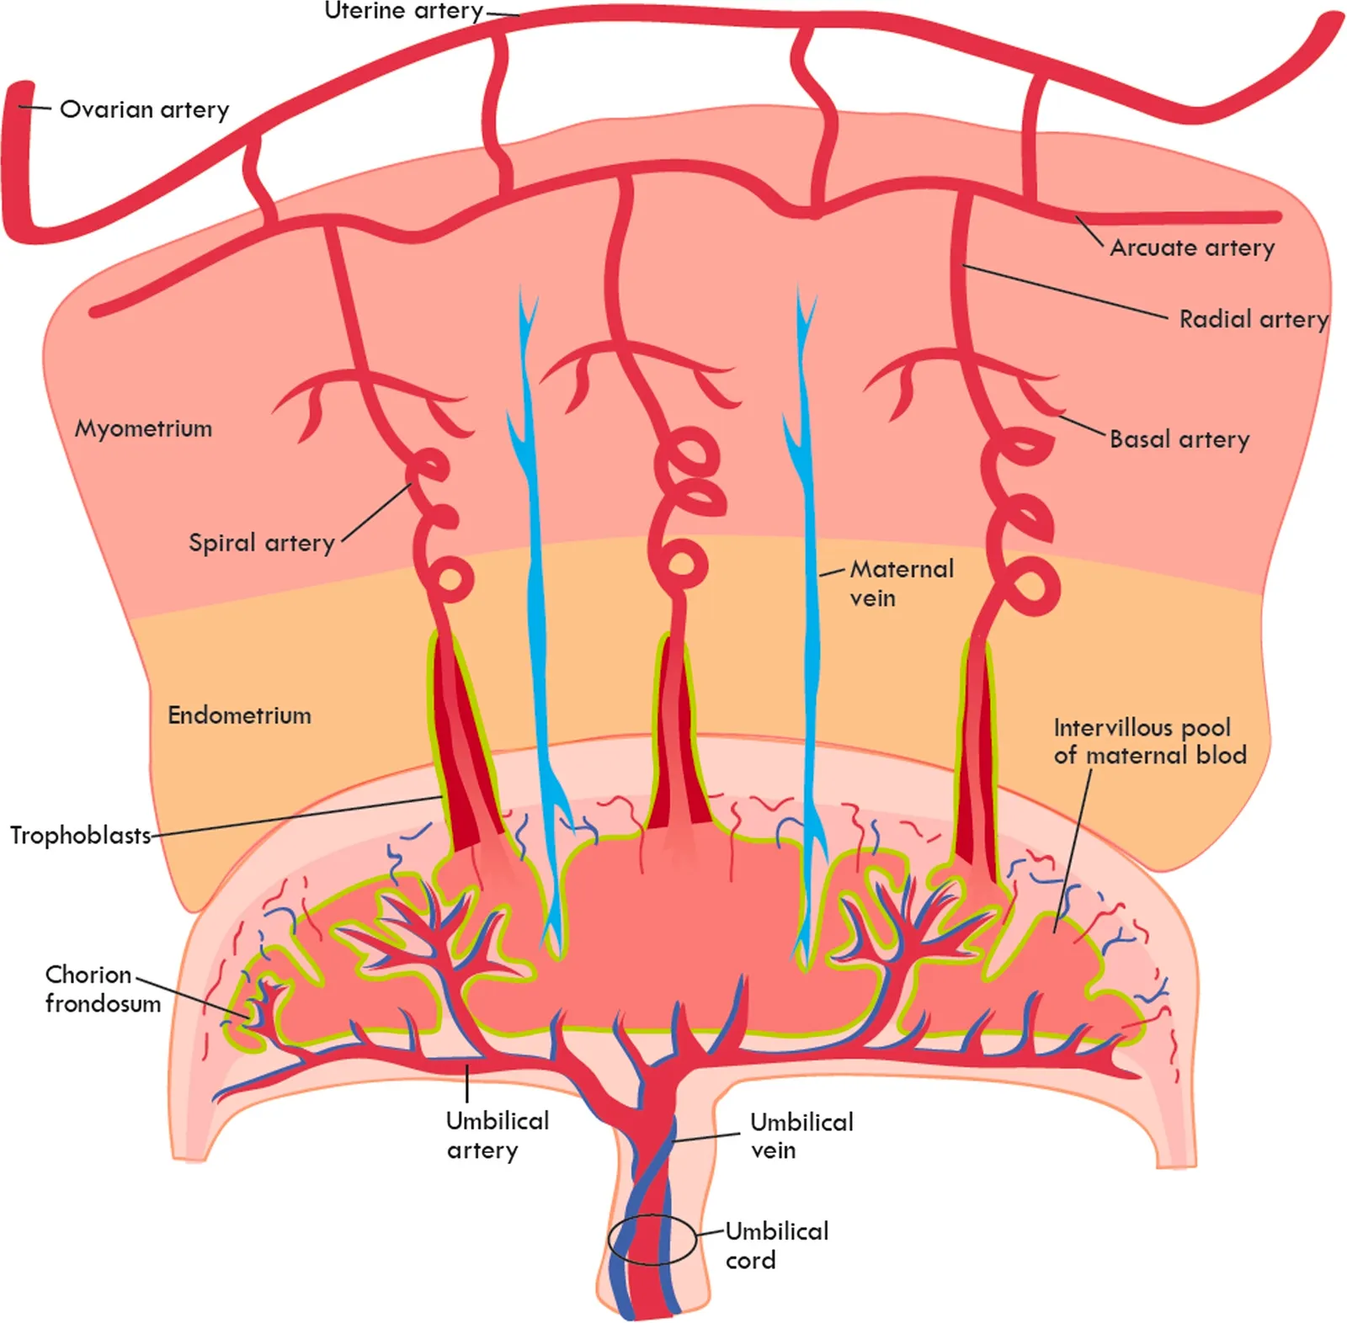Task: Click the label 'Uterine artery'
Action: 404,11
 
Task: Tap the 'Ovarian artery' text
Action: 145,109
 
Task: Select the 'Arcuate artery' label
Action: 1192,247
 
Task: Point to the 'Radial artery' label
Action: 1254,319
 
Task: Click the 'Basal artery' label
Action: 1179,438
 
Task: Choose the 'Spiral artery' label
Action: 262,543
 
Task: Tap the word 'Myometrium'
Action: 144,428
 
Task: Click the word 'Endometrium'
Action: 240,715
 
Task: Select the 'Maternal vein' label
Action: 902,583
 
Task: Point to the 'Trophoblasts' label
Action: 81,835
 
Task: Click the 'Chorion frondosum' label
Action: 103,989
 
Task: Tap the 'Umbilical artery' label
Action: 498,1135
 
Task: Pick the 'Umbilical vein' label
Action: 801,1136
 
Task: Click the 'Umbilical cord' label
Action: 777,1246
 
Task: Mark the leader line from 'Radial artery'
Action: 1066,292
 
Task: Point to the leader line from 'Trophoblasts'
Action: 297,816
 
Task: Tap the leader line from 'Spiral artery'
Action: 376,513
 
